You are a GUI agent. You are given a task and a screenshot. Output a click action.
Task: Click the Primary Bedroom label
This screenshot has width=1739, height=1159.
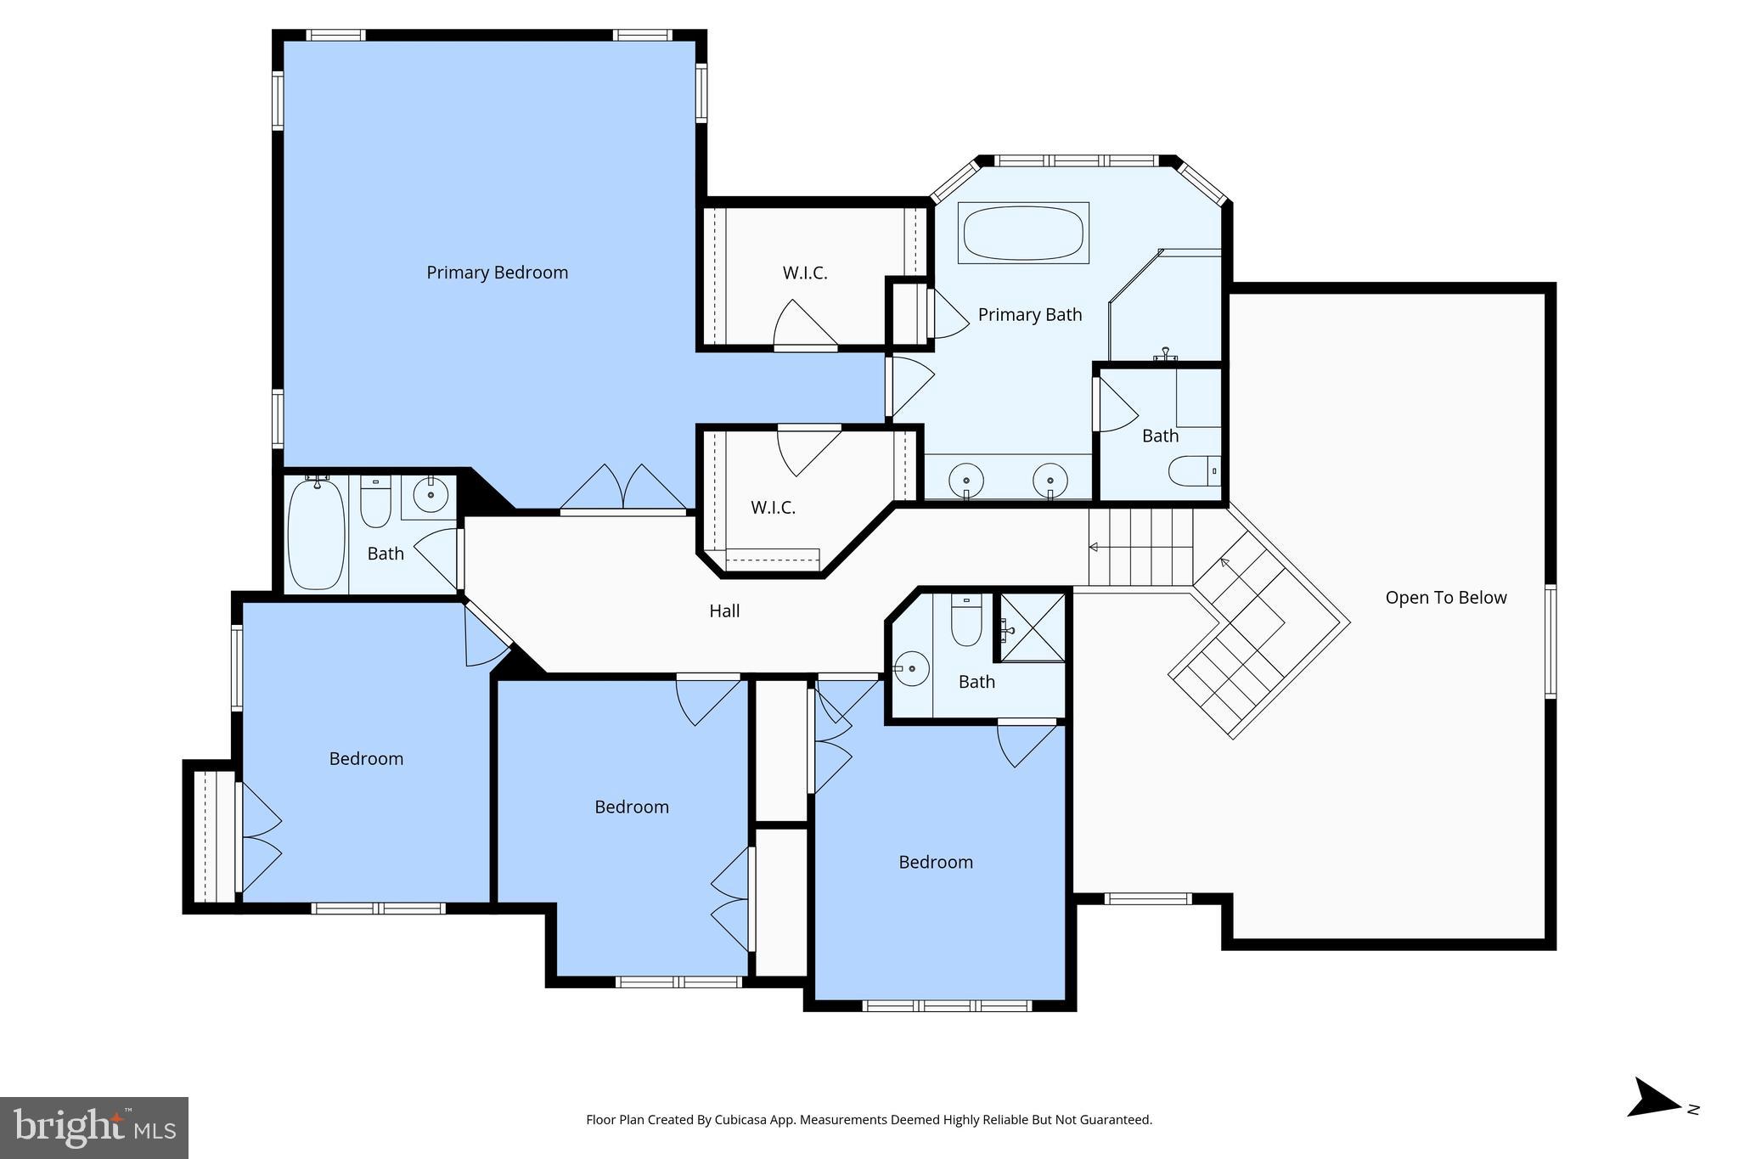497,273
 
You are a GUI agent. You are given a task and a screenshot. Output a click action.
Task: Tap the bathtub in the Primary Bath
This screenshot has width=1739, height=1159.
1023,233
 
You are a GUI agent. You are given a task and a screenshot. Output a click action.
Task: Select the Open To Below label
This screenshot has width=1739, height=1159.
1445,598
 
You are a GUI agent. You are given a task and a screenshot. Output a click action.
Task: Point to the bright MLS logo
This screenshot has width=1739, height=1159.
94,1128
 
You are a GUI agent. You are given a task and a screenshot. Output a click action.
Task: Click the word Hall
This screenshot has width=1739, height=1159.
724,611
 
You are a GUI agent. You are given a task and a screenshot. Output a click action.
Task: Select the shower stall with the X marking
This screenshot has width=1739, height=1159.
1032,627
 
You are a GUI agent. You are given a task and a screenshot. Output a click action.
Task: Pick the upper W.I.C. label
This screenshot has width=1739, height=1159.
804,273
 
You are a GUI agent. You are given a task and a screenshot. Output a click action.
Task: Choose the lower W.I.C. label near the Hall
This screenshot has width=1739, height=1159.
773,508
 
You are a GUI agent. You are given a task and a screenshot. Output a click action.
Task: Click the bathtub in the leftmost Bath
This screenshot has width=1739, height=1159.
316,533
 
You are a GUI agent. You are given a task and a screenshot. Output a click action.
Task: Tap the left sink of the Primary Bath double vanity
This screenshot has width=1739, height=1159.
966,480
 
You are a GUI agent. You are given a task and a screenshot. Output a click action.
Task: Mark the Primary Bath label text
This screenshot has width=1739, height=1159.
1029,315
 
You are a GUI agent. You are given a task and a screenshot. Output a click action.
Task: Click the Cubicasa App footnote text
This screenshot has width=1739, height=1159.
869,1120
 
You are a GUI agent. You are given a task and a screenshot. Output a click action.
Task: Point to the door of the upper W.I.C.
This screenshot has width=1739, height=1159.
805,327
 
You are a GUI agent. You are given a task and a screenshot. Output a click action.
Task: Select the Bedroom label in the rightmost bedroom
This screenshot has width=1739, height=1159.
935,863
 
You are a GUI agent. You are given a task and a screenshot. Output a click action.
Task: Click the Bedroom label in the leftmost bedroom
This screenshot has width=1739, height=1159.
366,759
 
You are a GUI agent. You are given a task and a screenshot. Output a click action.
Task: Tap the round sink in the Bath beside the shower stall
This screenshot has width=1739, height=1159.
912,669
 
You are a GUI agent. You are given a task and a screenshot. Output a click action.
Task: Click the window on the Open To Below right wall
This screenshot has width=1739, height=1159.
1550,641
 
